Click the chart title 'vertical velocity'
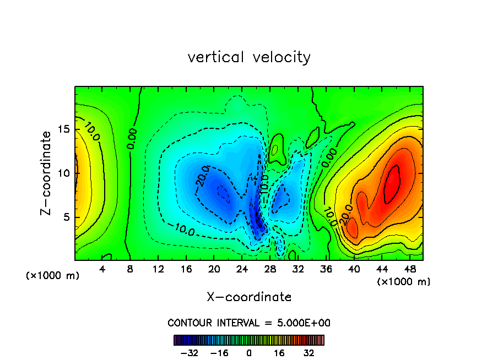(249, 57)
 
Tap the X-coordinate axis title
(249, 297)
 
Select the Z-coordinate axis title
(49, 172)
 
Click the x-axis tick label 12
(158, 270)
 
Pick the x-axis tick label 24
(242, 270)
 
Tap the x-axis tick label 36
(326, 270)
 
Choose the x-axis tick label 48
(409, 270)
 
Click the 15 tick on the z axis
(63, 129)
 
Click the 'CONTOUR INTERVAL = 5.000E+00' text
(249, 323)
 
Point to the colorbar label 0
(249, 353)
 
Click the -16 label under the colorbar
(219, 353)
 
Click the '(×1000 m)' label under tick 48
(404, 282)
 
